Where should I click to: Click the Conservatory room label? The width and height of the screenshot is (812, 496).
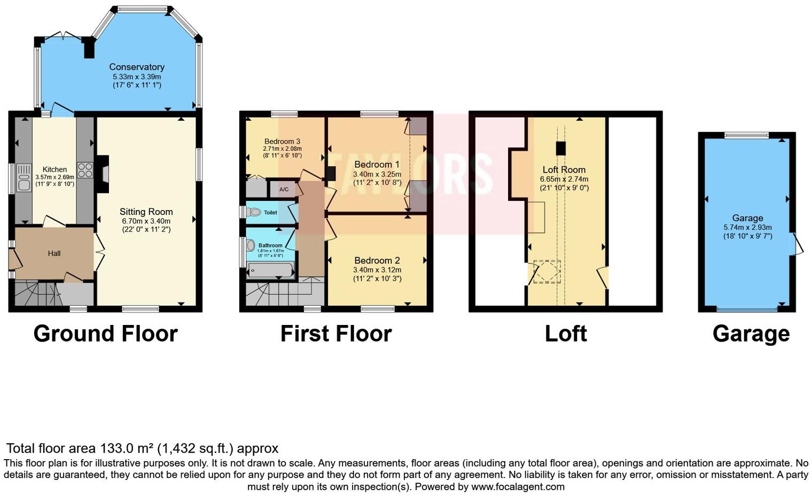(x=137, y=67)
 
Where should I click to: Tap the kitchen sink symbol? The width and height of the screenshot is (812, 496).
(x=24, y=177)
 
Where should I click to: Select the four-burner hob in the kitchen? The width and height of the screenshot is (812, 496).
(x=85, y=170)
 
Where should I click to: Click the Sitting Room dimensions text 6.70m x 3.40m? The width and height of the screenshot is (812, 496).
(x=146, y=221)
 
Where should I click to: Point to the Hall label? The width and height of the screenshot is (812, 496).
(x=54, y=253)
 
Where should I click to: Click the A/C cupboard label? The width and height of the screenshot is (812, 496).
(x=284, y=189)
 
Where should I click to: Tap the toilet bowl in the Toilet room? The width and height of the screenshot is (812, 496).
(x=254, y=212)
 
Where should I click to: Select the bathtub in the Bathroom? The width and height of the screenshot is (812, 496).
(x=270, y=270)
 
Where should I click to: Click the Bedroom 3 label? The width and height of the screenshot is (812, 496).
(x=282, y=141)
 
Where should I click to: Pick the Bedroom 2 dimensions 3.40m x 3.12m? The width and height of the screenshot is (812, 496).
(x=377, y=269)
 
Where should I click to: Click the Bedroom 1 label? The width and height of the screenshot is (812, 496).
(x=377, y=164)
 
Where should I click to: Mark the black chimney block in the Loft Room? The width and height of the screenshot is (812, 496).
(x=560, y=148)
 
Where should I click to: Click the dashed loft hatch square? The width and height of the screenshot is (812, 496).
(x=548, y=272)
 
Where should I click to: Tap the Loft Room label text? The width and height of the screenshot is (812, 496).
(x=564, y=169)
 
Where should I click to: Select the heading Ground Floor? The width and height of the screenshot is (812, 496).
(x=105, y=334)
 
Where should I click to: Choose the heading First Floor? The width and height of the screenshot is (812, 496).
(x=336, y=334)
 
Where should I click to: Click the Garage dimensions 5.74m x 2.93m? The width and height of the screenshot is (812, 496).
(x=747, y=227)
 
